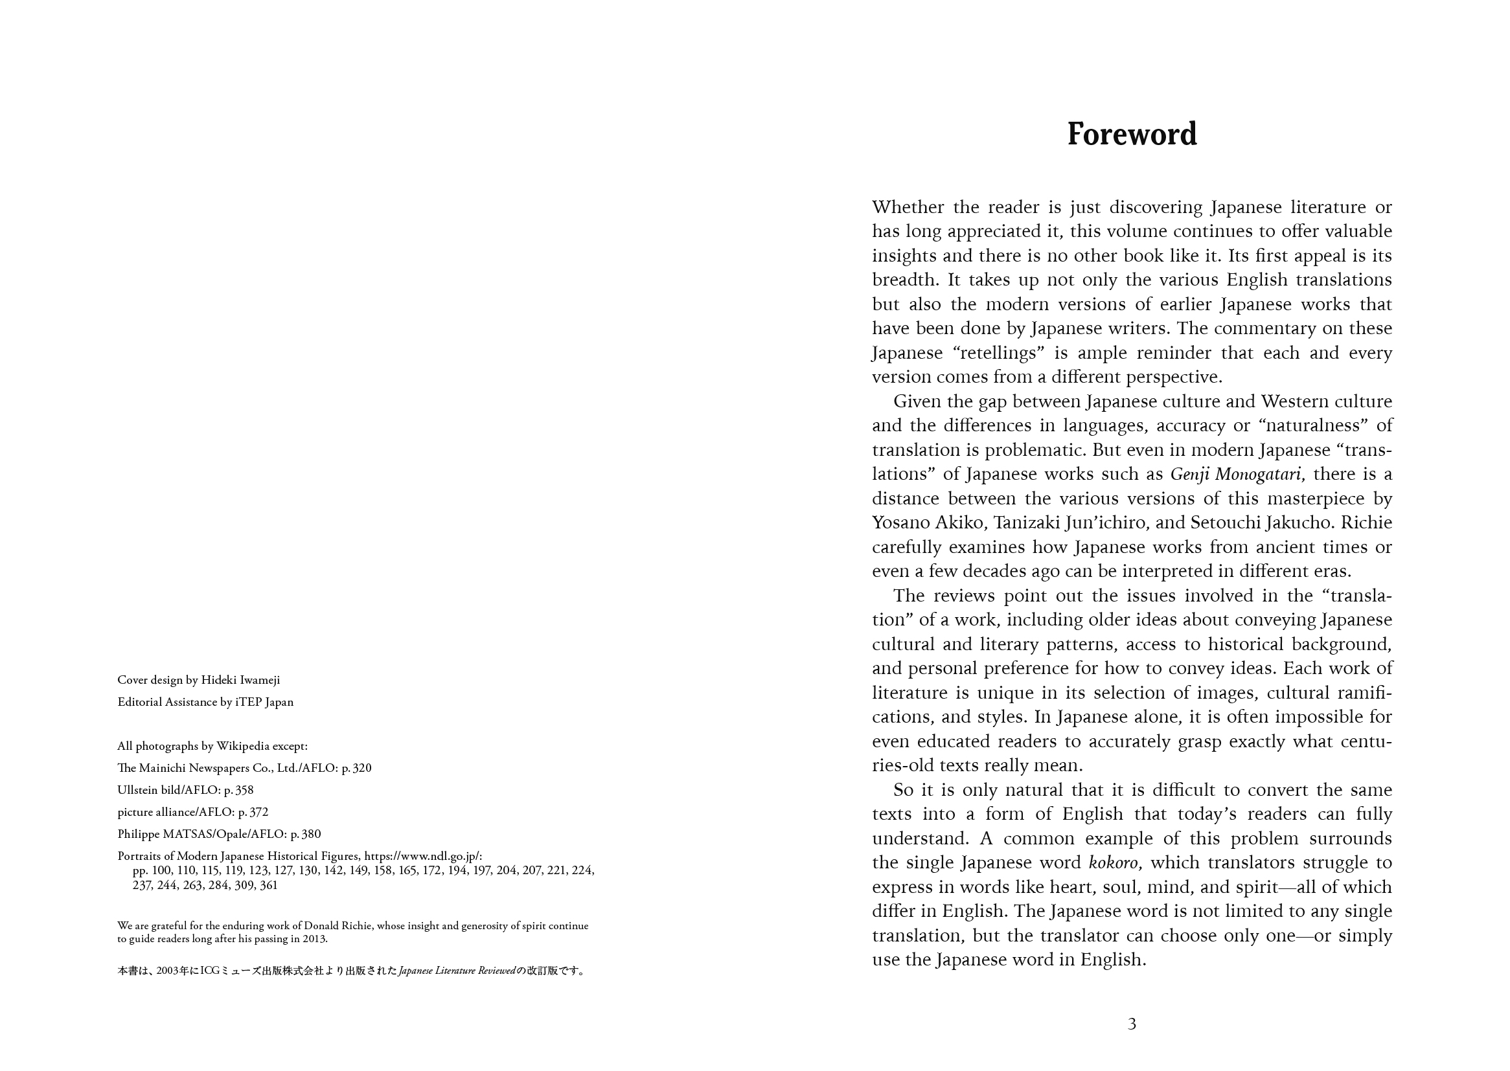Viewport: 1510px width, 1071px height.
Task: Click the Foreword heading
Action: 1131,134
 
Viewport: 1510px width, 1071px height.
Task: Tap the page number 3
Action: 1132,1024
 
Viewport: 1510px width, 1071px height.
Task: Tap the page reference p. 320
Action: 356,768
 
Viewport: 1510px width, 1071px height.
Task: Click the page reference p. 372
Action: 253,812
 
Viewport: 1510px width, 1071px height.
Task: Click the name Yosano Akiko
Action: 930,523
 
